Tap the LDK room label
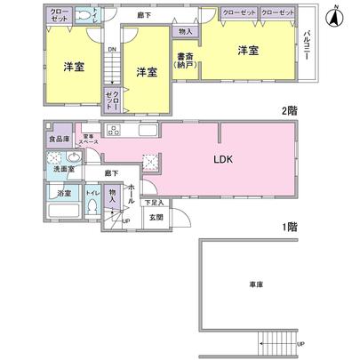coord(220,162)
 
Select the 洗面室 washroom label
coord(60,169)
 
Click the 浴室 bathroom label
coord(61,193)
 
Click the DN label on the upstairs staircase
coord(110,51)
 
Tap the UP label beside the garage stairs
coord(300,345)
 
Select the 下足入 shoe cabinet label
coord(155,203)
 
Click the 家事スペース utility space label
coord(89,140)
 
